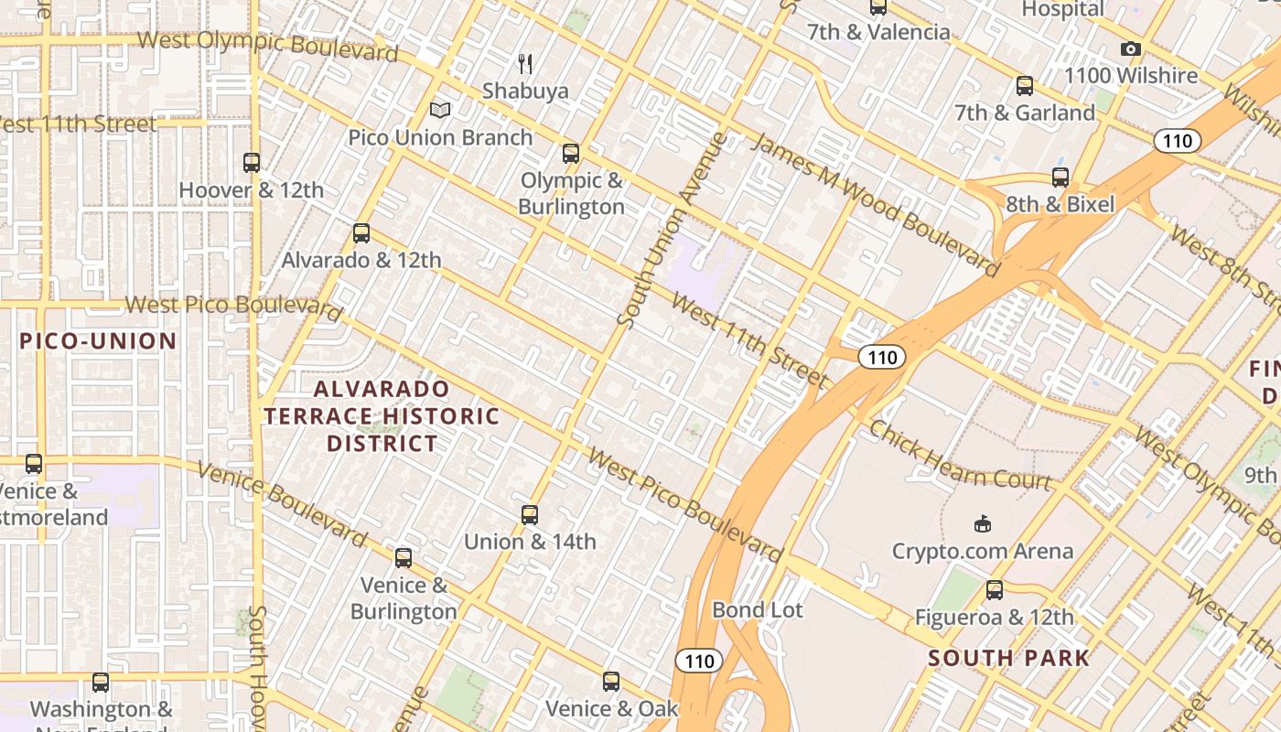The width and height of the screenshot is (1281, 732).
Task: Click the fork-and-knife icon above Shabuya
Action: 525,63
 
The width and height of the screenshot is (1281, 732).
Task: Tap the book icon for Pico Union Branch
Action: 440,111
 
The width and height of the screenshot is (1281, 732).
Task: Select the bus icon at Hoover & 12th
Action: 252,163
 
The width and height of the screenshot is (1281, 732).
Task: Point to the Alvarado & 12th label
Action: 361,260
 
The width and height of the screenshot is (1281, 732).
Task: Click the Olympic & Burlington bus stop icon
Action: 571,153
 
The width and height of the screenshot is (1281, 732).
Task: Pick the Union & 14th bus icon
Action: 530,514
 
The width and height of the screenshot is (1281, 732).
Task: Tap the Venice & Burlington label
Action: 404,598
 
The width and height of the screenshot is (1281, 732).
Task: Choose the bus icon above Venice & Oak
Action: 611,682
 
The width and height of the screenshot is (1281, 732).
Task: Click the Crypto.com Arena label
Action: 983,551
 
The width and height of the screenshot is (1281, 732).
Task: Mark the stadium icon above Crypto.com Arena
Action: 982,523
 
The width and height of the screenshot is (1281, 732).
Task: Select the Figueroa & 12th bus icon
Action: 995,590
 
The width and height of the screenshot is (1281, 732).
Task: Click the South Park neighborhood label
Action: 1009,658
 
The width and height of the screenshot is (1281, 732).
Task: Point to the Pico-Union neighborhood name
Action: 98,341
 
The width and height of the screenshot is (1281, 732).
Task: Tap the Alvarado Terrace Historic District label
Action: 382,416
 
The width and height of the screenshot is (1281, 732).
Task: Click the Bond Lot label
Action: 758,610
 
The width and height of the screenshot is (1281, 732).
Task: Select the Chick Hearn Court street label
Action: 960,456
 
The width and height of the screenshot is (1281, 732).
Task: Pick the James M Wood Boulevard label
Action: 875,203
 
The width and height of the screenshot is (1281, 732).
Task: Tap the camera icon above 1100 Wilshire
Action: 1131,49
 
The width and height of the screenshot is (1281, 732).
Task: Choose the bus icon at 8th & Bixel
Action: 1060,178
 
